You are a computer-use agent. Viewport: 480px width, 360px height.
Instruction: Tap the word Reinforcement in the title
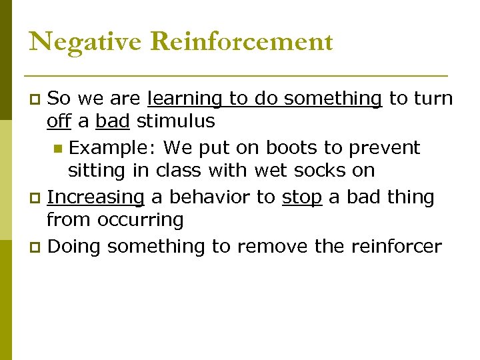click(x=241, y=42)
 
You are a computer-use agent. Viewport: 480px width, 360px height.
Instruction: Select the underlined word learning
click(x=185, y=99)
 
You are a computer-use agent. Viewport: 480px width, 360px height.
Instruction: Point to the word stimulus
click(x=176, y=121)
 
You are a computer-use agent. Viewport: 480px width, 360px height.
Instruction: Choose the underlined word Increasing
click(x=95, y=197)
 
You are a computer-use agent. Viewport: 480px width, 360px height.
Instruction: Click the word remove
click(x=272, y=247)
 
